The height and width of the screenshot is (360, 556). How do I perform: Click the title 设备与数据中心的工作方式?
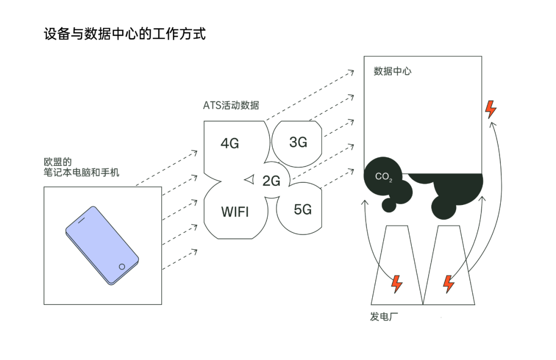coord(125,35)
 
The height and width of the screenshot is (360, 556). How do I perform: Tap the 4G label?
coord(230,143)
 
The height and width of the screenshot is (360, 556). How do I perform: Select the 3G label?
coord(298,143)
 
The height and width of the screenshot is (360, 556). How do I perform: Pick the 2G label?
coord(271,181)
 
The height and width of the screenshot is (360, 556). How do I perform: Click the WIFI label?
coord(235,211)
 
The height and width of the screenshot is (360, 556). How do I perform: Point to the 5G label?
coord(303,209)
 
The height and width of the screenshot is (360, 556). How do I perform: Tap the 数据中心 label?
coord(392,71)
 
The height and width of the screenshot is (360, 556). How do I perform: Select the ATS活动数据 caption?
coord(231,106)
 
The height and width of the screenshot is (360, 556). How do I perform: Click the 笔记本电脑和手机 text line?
coord(81,172)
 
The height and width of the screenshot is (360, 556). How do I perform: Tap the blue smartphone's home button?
coord(122,266)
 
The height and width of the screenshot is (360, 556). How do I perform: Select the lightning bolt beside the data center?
coord(491,109)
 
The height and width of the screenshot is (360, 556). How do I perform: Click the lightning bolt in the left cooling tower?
coord(397,283)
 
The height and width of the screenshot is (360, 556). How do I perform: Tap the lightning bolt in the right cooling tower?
coord(449,283)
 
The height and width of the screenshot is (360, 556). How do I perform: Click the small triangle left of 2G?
coord(250,179)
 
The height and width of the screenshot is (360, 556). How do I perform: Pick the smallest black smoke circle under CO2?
coord(389,204)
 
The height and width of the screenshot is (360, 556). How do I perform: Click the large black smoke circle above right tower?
coord(448,204)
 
